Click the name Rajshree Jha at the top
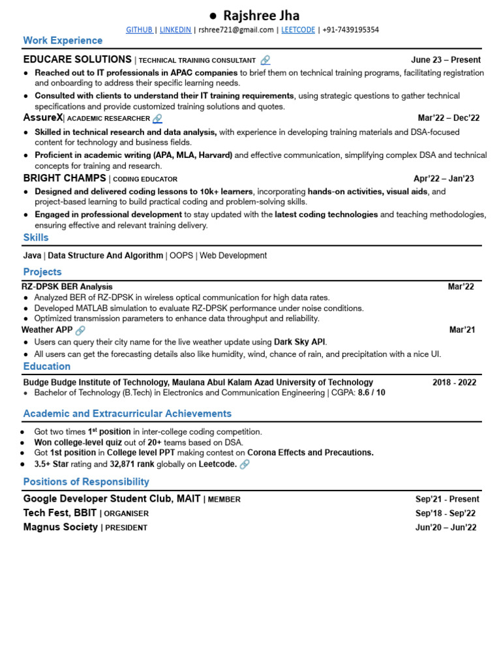coord(261,15)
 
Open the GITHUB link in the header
coord(140,30)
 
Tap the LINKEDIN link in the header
coord(175,30)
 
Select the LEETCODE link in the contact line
coord(297,30)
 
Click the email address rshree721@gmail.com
coord(235,30)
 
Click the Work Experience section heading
coord(63,40)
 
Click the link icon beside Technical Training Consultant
coord(265,60)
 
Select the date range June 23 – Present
coord(446,60)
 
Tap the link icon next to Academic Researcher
coord(157,119)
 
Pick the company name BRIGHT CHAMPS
coord(65,178)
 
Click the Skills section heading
coord(36,237)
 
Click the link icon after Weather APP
coord(80,331)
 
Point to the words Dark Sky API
coord(299,342)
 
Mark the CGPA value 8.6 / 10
coord(371,393)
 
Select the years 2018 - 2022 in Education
coord(454,382)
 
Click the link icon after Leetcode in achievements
coord(245,464)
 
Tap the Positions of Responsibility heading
coord(86,481)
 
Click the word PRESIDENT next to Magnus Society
coord(126,528)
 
